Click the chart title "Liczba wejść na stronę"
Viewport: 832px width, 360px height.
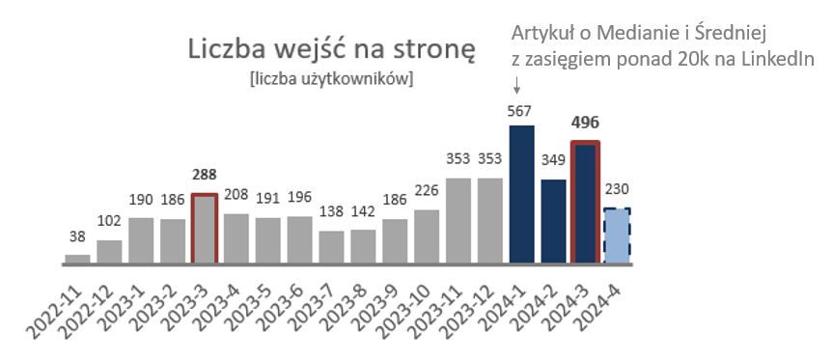point(331,50)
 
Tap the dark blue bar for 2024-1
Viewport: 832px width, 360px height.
point(521,194)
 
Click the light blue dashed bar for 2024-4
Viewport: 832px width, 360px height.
point(616,235)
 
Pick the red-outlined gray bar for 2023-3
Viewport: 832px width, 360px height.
point(205,228)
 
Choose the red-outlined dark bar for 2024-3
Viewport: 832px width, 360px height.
point(584,202)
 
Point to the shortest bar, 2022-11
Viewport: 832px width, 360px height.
point(77,258)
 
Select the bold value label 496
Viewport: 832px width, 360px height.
point(584,124)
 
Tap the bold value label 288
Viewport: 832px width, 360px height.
point(205,177)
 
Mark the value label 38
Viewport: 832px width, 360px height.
point(77,236)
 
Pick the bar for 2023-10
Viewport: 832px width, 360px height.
point(427,235)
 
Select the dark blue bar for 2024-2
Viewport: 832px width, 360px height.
point(553,221)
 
